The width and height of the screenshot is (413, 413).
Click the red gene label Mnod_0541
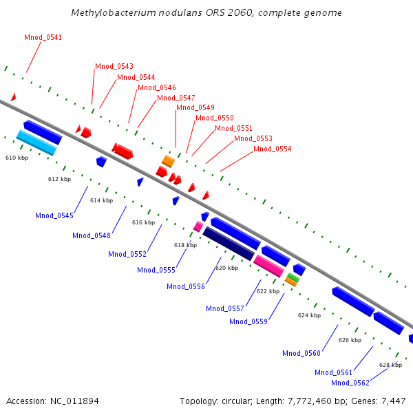tap(43, 37)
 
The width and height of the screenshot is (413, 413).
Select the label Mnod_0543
tap(114, 66)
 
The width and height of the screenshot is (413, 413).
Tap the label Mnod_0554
tap(273, 149)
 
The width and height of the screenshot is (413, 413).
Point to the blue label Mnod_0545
tap(54, 215)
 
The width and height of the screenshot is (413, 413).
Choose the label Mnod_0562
tap(350, 383)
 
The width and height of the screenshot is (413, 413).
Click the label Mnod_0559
tap(248, 321)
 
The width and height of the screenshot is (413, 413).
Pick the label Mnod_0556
tap(186, 286)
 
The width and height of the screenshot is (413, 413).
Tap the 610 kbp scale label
tap(17, 158)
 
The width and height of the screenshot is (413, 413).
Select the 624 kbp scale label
tap(309, 315)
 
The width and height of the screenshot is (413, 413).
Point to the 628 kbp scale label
tap(390, 365)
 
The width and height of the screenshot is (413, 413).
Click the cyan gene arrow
tap(36, 142)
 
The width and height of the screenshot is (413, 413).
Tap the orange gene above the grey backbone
tap(168, 161)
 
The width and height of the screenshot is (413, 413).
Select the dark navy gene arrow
tap(229, 243)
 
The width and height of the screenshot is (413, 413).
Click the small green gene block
tap(293, 277)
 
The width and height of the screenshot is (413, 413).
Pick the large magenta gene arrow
tap(268, 266)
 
